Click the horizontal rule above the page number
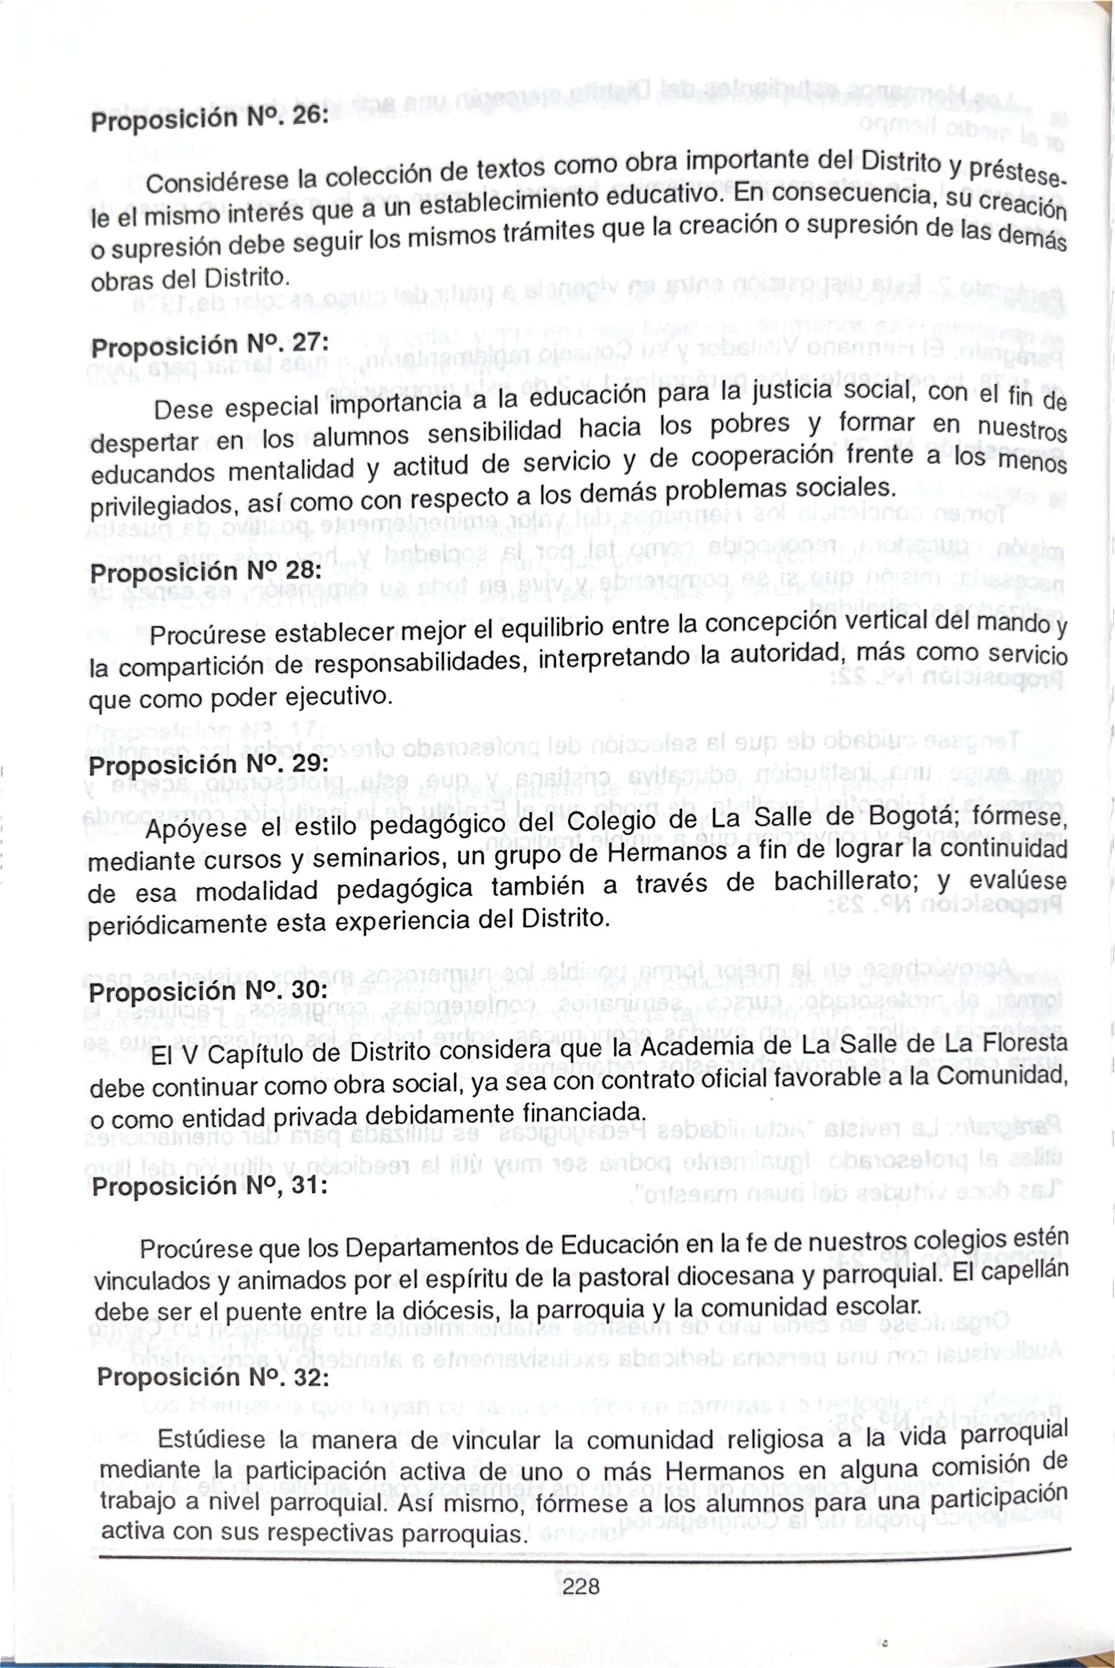pos(583,1551)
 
